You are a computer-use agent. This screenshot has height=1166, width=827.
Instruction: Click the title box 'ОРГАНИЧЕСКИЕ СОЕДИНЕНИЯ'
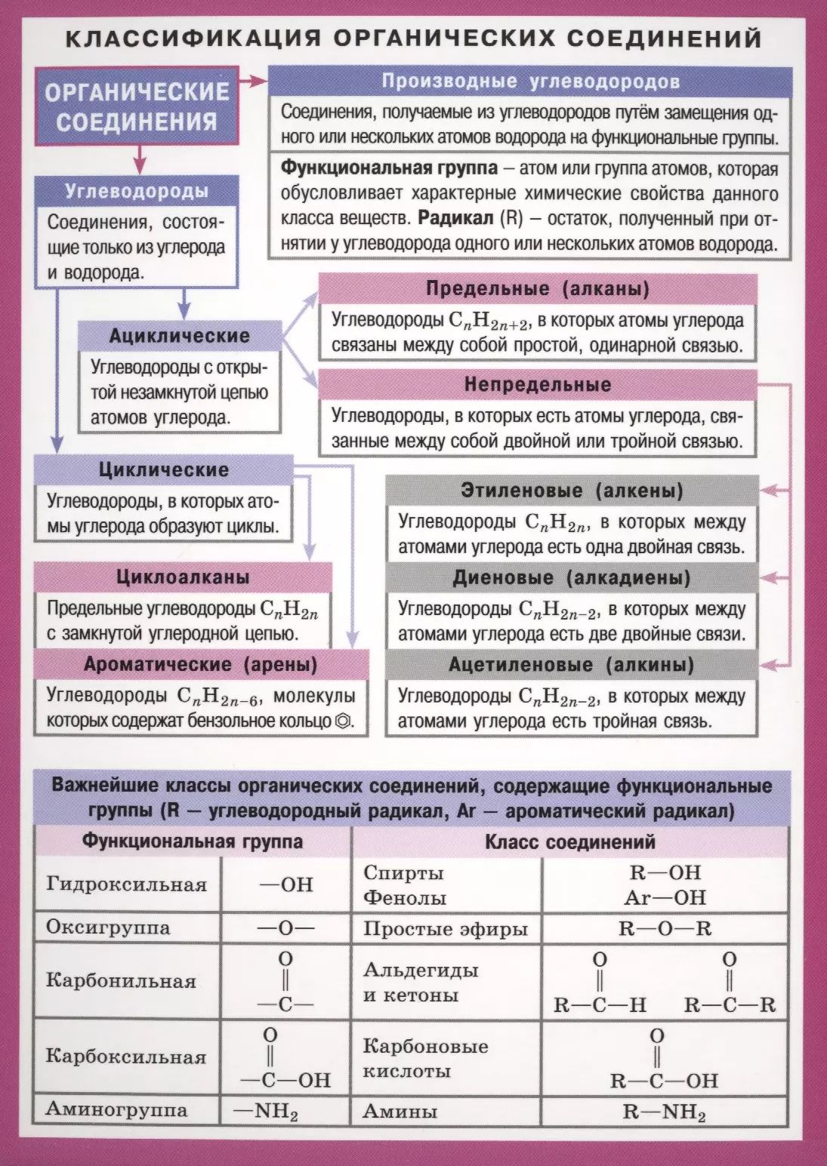pyautogui.click(x=136, y=106)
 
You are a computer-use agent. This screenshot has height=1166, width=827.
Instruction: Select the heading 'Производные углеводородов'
pyautogui.click(x=530, y=82)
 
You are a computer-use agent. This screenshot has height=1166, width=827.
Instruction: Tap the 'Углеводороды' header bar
pyautogui.click(x=137, y=191)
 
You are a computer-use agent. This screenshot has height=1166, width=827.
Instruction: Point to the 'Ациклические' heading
pyautogui.click(x=179, y=336)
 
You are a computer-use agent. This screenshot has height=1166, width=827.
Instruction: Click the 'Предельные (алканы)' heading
pyautogui.click(x=537, y=289)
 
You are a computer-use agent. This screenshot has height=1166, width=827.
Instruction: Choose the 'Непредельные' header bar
pyautogui.click(x=537, y=385)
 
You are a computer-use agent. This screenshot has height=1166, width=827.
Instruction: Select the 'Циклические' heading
pyautogui.click(x=163, y=470)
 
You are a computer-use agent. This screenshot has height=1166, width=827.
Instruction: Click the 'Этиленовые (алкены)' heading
pyautogui.click(x=572, y=491)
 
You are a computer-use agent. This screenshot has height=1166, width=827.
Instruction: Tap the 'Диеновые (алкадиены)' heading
pyautogui.click(x=572, y=578)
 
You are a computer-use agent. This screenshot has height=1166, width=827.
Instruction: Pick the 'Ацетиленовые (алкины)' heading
pyautogui.click(x=572, y=665)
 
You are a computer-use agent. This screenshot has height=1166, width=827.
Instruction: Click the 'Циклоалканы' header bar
pyautogui.click(x=183, y=578)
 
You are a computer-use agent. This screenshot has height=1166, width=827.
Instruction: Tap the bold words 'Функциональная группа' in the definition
pyautogui.click(x=389, y=168)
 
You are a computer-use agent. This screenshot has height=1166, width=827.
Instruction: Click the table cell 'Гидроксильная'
pyautogui.click(x=126, y=884)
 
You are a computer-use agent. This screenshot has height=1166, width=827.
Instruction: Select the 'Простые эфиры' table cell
pyautogui.click(x=445, y=928)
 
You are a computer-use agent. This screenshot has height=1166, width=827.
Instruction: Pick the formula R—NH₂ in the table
pyautogui.click(x=664, y=1112)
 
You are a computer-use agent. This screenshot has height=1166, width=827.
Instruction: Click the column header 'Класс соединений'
pyautogui.click(x=569, y=841)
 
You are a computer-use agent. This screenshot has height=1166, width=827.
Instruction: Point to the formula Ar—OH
pyautogui.click(x=665, y=897)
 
